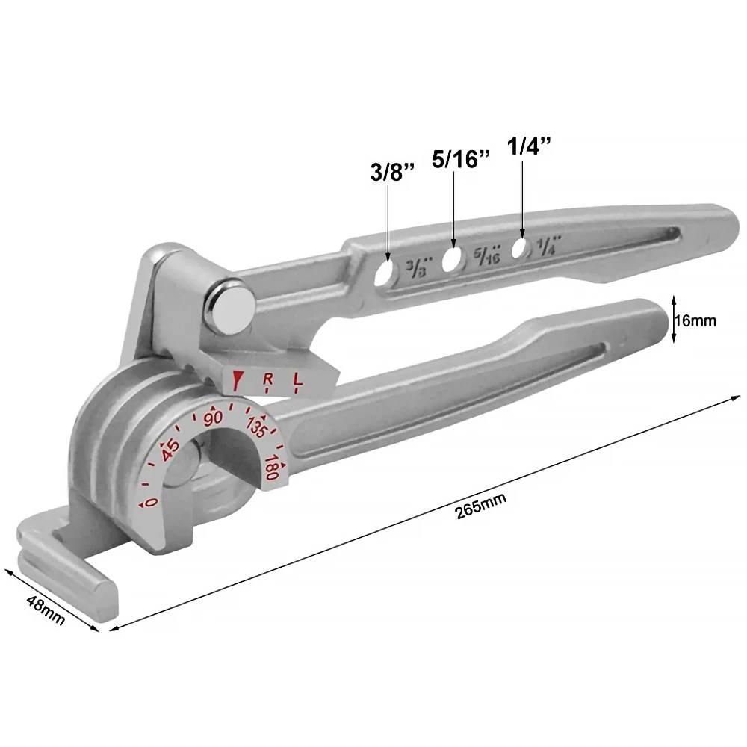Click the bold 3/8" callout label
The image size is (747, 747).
coord(392,173)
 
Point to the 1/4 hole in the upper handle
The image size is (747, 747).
coord(520,249)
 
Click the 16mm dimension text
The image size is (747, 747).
coord(695,321)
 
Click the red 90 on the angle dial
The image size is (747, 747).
coord(214,418)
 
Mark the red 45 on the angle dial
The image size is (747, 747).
coord(170,449)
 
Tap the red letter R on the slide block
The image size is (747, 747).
coord(268,382)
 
